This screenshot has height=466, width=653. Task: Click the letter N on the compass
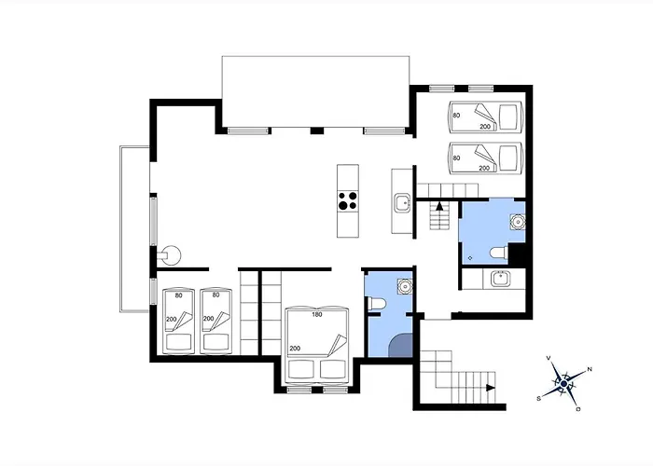[589, 370]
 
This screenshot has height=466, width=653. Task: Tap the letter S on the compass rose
[539, 397]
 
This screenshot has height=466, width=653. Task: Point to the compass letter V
[549, 359]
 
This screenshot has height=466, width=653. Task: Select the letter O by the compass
[578, 408]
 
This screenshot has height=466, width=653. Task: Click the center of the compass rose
[563, 383]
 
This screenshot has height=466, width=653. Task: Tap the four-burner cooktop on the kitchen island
[348, 200]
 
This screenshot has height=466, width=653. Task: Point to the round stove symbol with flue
[171, 254]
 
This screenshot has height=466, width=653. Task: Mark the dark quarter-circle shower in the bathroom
[398, 346]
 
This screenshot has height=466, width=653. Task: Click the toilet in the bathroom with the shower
[375, 304]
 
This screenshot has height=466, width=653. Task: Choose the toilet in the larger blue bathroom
[499, 252]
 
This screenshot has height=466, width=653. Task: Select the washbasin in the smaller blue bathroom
[404, 284]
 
